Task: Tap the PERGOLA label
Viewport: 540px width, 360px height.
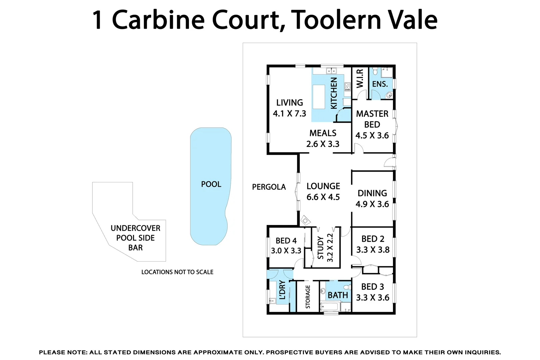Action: (x=269, y=187)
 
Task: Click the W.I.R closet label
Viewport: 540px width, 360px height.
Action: (x=360, y=79)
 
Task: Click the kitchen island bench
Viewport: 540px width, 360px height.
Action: (x=319, y=97)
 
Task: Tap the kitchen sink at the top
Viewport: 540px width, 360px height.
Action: (x=331, y=71)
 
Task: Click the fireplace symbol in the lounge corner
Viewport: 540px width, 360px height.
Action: (x=305, y=220)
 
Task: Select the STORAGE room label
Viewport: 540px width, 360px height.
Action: (x=308, y=296)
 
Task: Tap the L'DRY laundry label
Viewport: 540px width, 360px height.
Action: (x=282, y=290)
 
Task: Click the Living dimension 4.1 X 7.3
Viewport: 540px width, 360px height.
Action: (x=289, y=114)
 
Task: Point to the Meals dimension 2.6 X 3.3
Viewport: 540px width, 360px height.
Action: (x=323, y=144)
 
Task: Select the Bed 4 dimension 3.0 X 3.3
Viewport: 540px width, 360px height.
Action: (x=286, y=251)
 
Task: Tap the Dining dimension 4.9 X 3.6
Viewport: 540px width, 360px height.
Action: (x=372, y=204)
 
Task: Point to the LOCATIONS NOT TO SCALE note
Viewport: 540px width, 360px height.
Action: (x=177, y=272)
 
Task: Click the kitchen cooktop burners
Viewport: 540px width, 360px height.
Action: (x=347, y=87)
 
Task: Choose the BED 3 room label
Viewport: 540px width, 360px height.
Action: (x=373, y=287)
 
